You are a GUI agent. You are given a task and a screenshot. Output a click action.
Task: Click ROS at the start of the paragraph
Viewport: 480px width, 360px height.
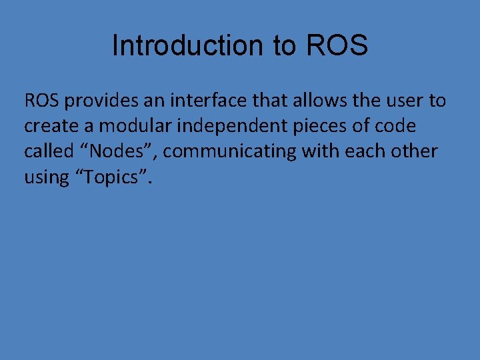pyautogui.click(x=41, y=101)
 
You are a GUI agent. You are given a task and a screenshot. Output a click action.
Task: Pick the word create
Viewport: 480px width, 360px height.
pyautogui.click(x=51, y=127)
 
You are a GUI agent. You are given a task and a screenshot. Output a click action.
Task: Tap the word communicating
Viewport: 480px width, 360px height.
pyautogui.click(x=229, y=151)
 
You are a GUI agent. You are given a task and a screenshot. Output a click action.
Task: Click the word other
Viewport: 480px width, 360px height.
pyautogui.click(x=415, y=151)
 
